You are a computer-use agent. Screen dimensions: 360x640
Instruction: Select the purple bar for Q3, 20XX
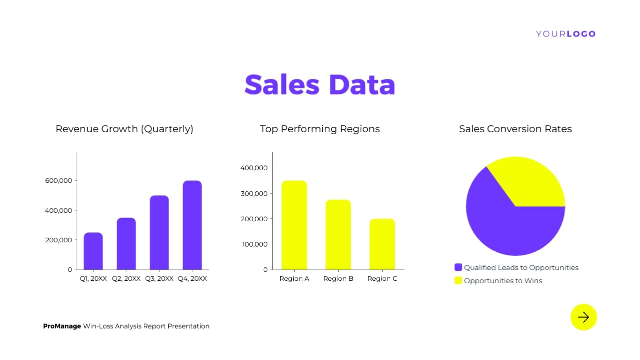tap(159, 232)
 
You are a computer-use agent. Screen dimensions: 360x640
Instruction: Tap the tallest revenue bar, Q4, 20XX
tap(192, 225)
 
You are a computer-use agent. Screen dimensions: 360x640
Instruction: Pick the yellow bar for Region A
tap(294, 225)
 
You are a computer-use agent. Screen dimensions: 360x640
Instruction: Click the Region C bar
tap(382, 244)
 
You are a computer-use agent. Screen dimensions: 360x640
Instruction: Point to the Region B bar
tap(338, 234)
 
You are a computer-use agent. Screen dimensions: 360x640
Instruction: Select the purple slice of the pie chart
tap(501, 225)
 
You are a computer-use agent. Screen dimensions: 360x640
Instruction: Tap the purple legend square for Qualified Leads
tap(458, 267)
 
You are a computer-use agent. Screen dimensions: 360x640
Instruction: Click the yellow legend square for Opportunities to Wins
tap(458, 280)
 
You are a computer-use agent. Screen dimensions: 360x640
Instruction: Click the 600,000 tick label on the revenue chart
tap(59, 180)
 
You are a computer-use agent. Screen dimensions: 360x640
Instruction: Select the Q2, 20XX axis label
tap(126, 278)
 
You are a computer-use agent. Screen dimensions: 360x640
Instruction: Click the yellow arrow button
tap(583, 317)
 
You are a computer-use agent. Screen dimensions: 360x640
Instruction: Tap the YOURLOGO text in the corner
tap(566, 34)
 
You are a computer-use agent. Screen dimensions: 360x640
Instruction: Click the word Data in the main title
tap(362, 85)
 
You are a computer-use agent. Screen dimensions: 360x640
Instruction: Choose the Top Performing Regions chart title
tap(320, 129)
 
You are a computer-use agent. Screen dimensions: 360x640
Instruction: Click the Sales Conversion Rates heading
tap(515, 129)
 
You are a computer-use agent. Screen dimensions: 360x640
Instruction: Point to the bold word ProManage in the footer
tap(62, 326)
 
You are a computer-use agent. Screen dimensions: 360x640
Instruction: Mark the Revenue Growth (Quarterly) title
tap(124, 129)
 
